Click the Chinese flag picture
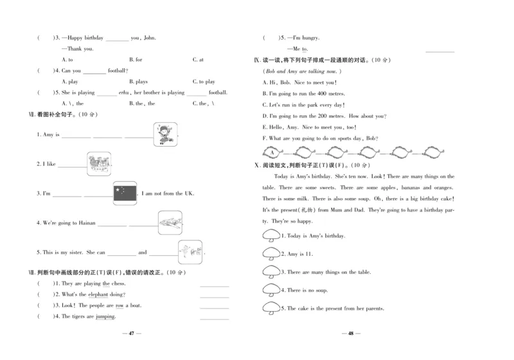tap(125, 193)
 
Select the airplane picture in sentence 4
tap(170, 222)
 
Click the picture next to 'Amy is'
tap(165, 134)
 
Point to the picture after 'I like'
tap(99, 163)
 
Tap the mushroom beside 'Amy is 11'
tap(271, 254)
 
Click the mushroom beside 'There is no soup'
tap(271, 290)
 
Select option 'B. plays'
tap(138, 82)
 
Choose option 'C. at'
tap(198, 60)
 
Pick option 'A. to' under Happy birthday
tap(67, 60)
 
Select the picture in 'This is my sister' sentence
tap(190, 251)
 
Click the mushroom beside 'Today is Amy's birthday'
tap(271, 236)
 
